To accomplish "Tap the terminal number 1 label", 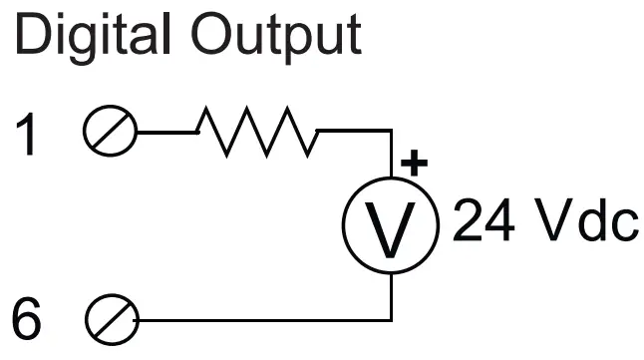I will coord(30,135).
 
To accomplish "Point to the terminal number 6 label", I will coord(30,321).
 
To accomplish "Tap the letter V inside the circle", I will coord(391,228).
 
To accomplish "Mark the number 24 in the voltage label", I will coord(486,224).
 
